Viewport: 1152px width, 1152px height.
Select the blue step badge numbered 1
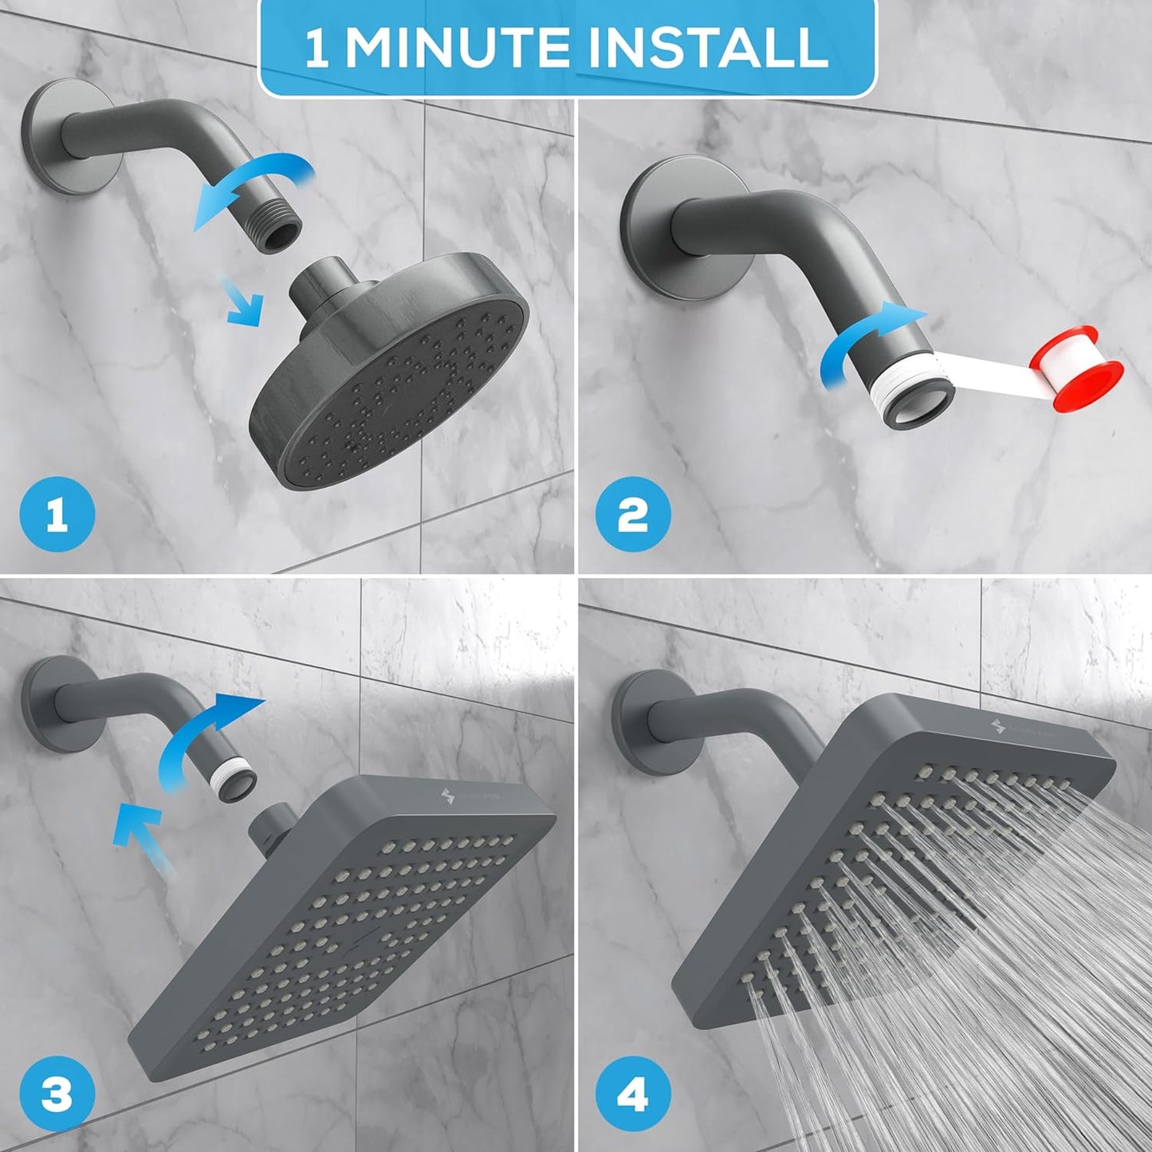57,517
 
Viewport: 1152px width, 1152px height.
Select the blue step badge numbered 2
632,517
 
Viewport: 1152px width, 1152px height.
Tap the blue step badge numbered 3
57,1096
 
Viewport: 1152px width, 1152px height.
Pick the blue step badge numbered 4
632,1096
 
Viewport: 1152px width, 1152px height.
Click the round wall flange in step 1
72,140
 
